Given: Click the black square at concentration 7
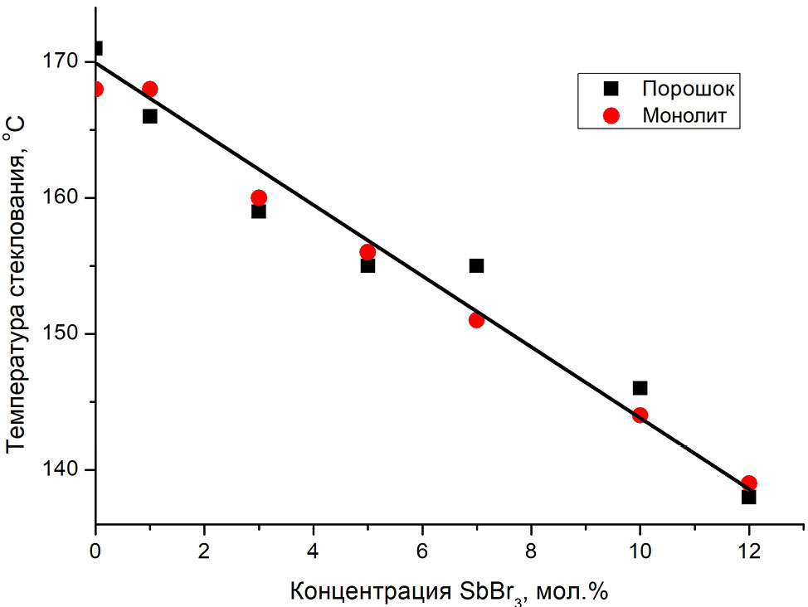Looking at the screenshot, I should coord(476,265).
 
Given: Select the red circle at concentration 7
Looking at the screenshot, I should coord(476,320).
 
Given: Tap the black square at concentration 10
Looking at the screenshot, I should coord(640,388).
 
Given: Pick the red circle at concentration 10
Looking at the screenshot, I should coord(640,415).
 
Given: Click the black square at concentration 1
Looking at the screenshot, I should coord(149,116).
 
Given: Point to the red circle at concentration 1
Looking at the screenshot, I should coord(149,89).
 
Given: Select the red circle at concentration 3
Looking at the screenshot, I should coord(259,197).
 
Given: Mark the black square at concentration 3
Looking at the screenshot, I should coord(259,211).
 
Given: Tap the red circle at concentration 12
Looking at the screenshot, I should coord(749,483).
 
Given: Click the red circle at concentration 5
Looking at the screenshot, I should coord(367,252).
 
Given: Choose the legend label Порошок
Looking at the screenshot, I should coord(689,88).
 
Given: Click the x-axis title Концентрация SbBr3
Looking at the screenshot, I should coord(449,591).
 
